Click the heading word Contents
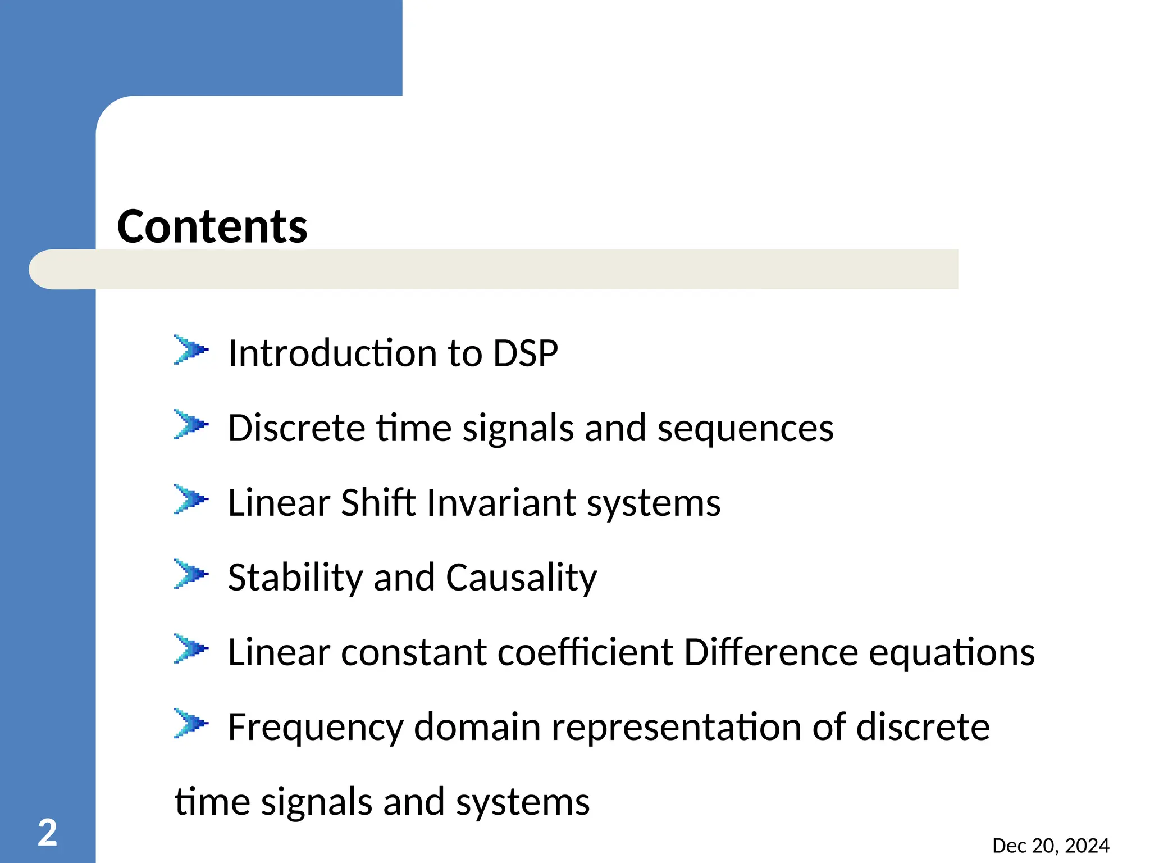point(212,226)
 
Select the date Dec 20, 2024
point(1051,846)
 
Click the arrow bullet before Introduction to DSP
point(190,350)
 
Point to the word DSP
point(525,353)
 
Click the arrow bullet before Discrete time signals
point(190,425)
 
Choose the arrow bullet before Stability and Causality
point(190,574)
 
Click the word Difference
point(771,652)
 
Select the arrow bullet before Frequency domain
point(190,724)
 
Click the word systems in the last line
point(523,802)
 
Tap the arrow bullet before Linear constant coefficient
point(190,649)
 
